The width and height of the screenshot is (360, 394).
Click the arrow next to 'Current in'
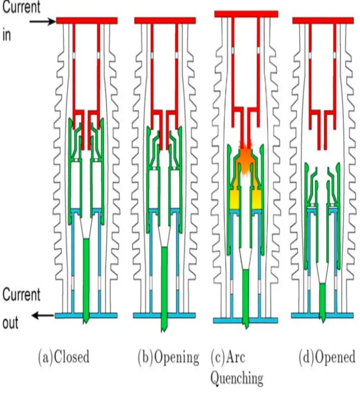[43, 22]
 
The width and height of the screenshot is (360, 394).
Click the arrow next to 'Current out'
[43, 315]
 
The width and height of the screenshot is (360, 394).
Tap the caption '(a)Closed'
[64, 357]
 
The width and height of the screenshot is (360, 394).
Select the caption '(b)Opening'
[169, 358]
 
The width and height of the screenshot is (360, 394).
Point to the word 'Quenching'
[237, 378]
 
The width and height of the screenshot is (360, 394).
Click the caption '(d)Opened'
[327, 357]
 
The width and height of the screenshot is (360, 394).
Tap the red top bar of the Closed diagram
[87, 20]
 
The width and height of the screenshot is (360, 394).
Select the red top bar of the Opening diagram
[165, 20]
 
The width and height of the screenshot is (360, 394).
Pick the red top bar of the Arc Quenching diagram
[246, 14]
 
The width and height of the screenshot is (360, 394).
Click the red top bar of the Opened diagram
[323, 20]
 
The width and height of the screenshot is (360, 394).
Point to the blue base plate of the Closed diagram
[86, 315]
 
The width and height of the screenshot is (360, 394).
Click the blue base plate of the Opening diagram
[164, 315]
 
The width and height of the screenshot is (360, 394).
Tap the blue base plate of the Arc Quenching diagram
[246, 321]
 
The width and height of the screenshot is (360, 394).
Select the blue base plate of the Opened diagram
[323, 315]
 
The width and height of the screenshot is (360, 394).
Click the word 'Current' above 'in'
[21, 7]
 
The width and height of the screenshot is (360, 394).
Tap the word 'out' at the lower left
[10, 323]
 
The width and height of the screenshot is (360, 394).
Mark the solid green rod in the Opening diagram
[164, 289]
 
